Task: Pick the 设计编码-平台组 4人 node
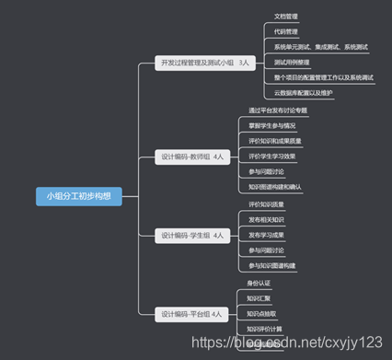pyautogui.click(x=190, y=314)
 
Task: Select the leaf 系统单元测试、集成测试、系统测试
pyautogui.click(x=320, y=46)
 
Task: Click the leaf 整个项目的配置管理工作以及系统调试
pyautogui.click(x=324, y=77)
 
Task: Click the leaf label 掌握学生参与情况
pyautogui.click(x=272, y=125)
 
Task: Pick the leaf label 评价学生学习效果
pyautogui.click(x=272, y=156)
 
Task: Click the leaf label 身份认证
pyautogui.click(x=260, y=283)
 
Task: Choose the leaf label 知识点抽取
pyautogui.click(x=263, y=314)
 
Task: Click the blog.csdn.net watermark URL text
pyautogui.click(x=313, y=343)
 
